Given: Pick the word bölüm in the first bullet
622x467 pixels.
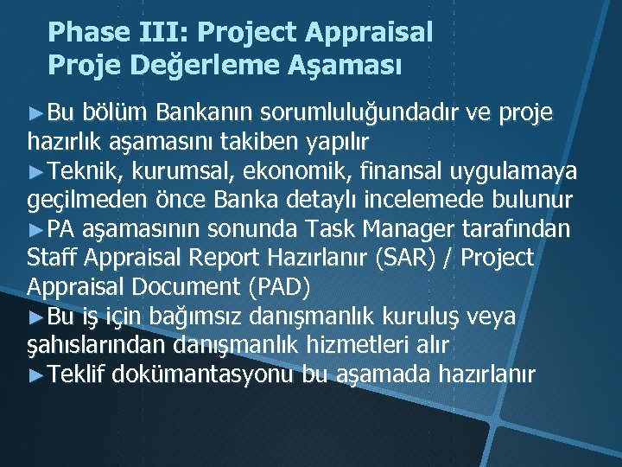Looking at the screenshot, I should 120,112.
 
